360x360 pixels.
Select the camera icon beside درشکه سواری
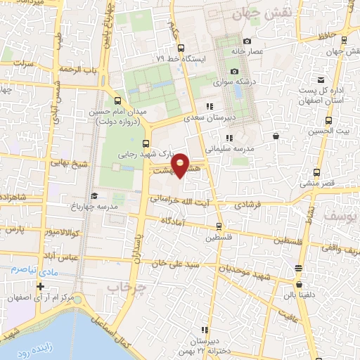point(235,72)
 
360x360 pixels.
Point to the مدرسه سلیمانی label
point(229,149)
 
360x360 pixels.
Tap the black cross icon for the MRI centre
point(41,286)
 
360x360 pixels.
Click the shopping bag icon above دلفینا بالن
point(301,286)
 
